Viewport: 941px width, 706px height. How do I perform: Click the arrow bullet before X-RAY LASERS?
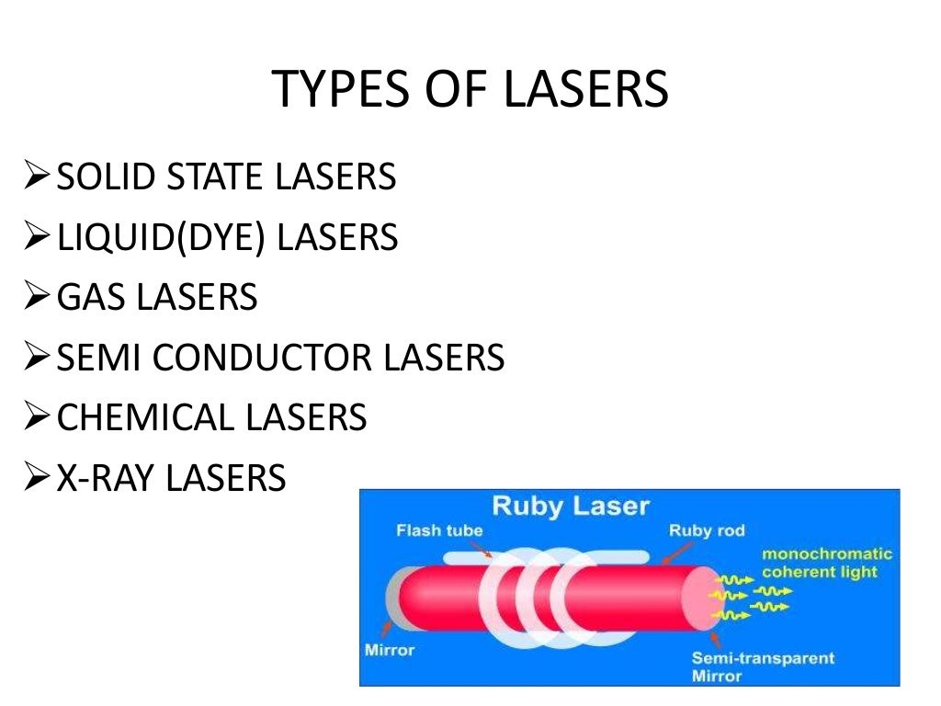click(x=37, y=478)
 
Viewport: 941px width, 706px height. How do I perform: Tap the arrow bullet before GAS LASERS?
click(x=37, y=297)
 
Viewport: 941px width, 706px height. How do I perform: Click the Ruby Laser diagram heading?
click(x=570, y=506)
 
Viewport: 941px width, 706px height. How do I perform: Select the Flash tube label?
click(x=439, y=530)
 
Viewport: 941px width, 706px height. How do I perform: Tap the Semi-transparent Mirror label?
click(x=763, y=666)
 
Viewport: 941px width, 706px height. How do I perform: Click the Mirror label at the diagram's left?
click(x=390, y=650)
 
